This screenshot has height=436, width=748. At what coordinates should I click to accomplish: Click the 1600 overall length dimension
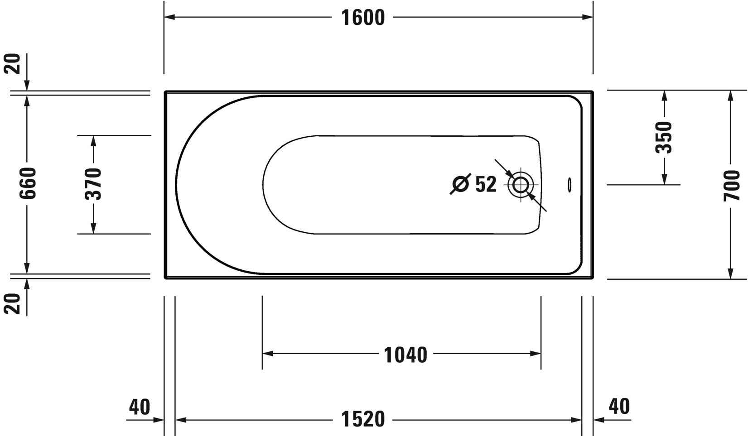362,18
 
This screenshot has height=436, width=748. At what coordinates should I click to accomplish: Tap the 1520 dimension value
362,419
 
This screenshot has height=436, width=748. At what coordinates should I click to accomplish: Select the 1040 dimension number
405,355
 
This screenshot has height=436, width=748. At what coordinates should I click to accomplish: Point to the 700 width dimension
731,185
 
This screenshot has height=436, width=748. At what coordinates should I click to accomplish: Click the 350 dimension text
664,138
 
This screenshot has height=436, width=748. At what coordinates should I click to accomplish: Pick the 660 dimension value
28,183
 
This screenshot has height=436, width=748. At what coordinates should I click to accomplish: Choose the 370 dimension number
93,184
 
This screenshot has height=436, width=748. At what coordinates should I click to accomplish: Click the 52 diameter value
486,184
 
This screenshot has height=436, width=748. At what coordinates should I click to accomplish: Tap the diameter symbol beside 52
460,184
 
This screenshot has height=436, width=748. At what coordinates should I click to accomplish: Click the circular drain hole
521,185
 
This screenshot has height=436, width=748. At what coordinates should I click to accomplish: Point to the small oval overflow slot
569,185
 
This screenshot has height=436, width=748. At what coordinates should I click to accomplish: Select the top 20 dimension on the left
14,63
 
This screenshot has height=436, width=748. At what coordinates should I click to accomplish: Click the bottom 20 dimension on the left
14,303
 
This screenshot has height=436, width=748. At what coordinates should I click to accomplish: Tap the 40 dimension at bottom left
139,407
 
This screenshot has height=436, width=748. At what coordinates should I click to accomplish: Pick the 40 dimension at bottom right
619,407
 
